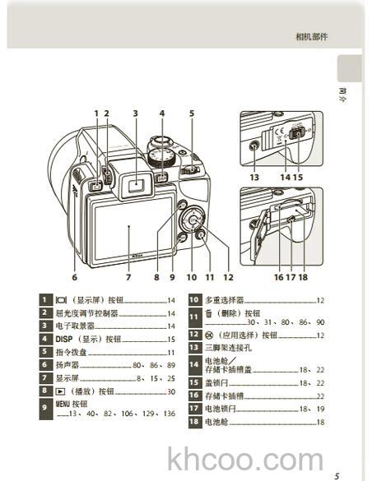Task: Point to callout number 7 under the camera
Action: click(x=128, y=277)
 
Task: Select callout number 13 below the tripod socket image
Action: click(x=254, y=177)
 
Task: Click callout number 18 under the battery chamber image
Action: click(x=304, y=277)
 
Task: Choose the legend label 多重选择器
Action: click(x=224, y=300)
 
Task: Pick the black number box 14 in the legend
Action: click(x=194, y=365)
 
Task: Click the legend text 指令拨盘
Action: click(x=70, y=352)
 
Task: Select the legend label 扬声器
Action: click(x=67, y=365)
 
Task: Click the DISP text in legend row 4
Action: click(x=65, y=339)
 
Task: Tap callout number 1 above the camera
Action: click(x=95, y=113)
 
